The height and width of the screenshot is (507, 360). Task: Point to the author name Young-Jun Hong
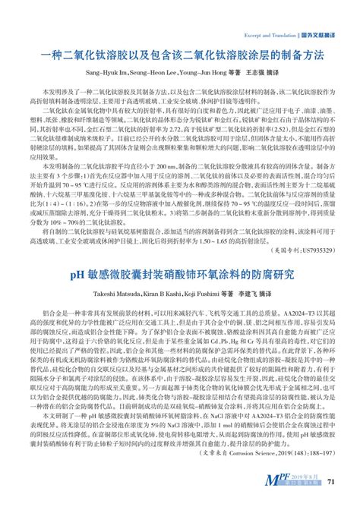202,74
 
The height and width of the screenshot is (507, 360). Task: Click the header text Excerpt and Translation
268,36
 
